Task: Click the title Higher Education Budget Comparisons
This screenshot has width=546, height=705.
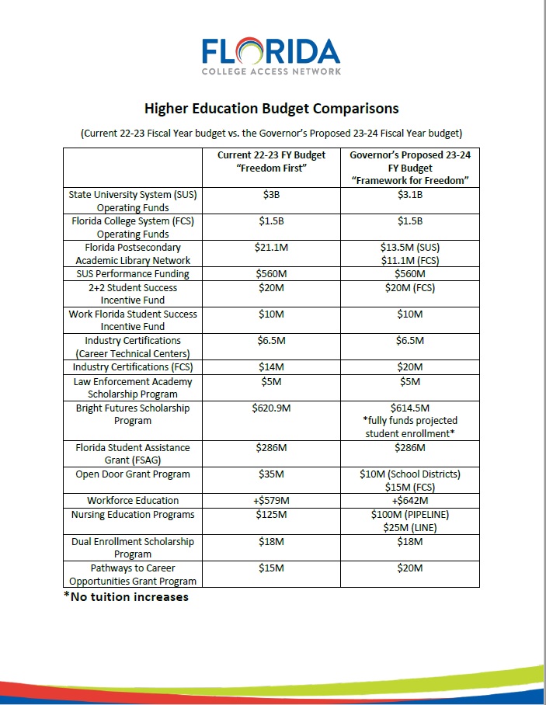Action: coord(272,108)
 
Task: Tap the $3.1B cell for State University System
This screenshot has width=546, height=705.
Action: coord(409,195)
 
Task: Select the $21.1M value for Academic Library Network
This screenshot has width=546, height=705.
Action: coord(271,248)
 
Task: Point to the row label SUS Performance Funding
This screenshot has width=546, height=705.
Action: coord(132,274)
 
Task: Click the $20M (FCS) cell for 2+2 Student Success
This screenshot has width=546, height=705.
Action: coord(409,288)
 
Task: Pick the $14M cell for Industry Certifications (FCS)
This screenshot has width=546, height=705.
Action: coord(271,367)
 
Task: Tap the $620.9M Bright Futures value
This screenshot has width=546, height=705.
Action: coord(271,408)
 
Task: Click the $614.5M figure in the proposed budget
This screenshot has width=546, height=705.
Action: coord(409,408)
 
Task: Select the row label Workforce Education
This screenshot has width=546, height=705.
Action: coord(132,501)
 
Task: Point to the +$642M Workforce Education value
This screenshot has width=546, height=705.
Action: coord(409,501)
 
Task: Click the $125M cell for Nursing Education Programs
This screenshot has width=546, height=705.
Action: coord(271,515)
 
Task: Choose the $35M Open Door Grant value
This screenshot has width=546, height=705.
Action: coord(271,474)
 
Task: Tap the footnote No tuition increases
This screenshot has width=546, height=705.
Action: coord(126,597)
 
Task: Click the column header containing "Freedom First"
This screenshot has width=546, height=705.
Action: coord(271,161)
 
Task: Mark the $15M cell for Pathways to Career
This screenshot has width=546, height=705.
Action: coord(271,568)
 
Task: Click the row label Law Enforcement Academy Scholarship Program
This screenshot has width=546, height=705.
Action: coord(132,388)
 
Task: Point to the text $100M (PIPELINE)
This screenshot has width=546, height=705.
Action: coord(409,515)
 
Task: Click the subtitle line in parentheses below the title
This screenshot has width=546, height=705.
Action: coord(272,133)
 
